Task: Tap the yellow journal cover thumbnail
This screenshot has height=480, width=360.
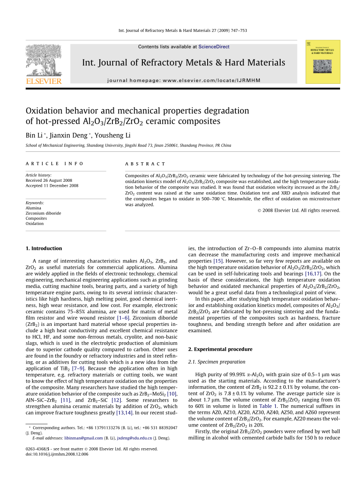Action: pos(322,62)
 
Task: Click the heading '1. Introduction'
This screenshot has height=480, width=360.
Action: pos(44,248)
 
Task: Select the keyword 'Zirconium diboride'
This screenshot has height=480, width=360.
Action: pos(44,213)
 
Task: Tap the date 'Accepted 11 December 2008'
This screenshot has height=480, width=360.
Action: pos(52,185)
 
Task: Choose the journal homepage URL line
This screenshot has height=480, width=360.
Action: pos(190,80)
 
